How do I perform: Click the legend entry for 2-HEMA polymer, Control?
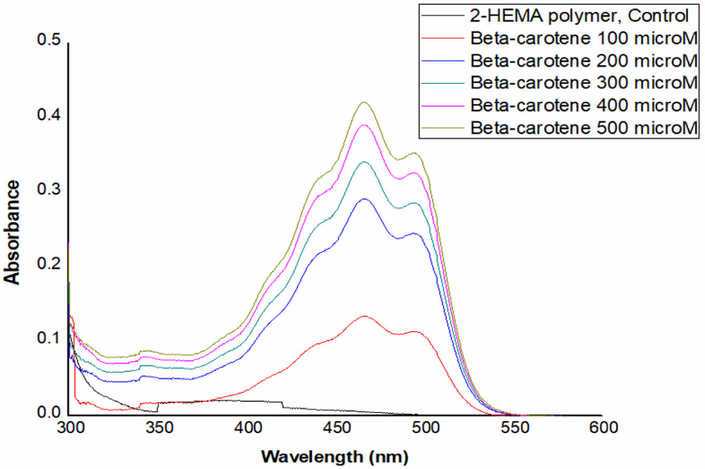pos(579,16)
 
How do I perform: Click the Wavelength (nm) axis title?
pos(336,454)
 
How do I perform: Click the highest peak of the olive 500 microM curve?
pos(363,102)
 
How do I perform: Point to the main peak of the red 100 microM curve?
pos(364,316)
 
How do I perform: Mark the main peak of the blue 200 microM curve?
pos(363,199)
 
